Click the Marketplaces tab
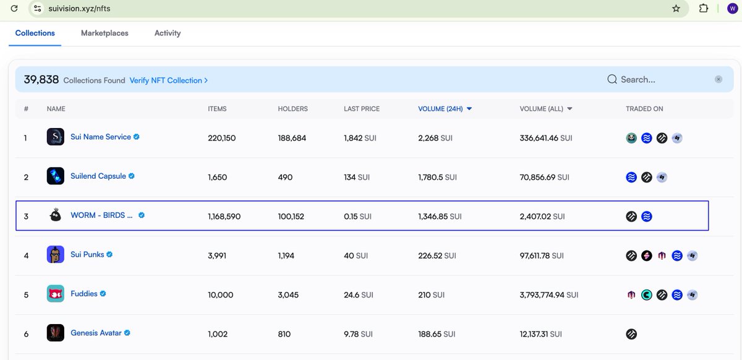(104, 33)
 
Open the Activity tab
(168, 33)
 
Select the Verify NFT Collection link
(168, 80)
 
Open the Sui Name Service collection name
(101, 137)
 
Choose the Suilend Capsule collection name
(98, 176)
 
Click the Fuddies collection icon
(56, 294)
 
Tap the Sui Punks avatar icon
(56, 254)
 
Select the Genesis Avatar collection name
(96, 333)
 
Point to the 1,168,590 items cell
(224, 216)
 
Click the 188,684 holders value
(292, 138)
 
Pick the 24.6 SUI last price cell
(359, 295)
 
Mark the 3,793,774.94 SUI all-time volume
(549, 295)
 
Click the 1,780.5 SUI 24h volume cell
(437, 177)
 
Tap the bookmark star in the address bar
(676, 9)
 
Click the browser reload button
(14, 9)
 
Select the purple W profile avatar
(732, 9)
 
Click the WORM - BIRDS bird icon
(56, 215)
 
